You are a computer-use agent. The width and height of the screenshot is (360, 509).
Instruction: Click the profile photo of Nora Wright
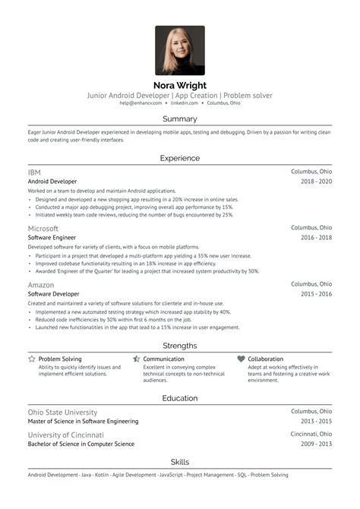click(x=180, y=50)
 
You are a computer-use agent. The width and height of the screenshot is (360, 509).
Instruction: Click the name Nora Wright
click(x=180, y=85)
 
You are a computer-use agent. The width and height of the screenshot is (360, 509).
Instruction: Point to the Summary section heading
click(x=180, y=119)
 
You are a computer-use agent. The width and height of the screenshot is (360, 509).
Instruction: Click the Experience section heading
click(x=180, y=158)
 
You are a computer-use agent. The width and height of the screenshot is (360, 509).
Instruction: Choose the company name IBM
click(x=35, y=172)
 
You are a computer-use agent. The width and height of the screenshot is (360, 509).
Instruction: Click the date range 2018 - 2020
click(x=316, y=182)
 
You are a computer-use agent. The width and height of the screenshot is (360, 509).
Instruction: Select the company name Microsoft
click(x=43, y=228)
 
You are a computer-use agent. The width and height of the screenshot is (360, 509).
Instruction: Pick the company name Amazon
click(x=41, y=284)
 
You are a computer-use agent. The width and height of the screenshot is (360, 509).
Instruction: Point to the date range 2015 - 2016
click(x=316, y=293)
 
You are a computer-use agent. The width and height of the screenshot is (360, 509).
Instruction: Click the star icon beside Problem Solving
click(x=31, y=359)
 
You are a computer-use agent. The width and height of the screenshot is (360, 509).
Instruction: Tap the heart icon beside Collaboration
click(x=241, y=359)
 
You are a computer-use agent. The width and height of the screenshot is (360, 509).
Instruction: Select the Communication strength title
click(x=163, y=359)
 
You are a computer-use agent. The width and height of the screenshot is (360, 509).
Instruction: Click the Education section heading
click(x=180, y=398)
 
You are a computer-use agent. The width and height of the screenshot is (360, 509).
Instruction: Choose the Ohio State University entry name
click(x=63, y=412)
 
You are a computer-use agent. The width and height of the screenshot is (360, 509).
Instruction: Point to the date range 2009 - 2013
click(x=316, y=444)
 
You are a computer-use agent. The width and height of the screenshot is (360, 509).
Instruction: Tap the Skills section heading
click(x=180, y=462)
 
